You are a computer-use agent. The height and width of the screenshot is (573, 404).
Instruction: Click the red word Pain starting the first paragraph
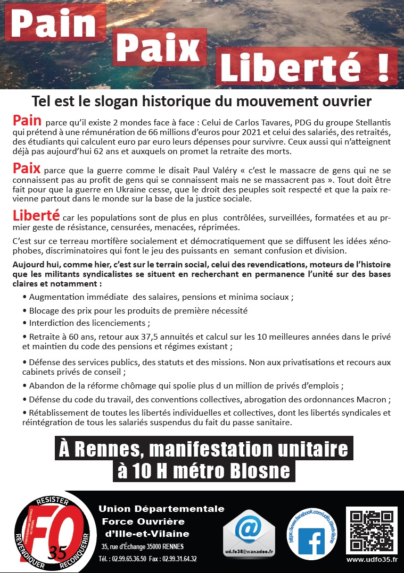point(27,120)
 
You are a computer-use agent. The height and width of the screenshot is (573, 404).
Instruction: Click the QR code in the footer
point(372,530)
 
